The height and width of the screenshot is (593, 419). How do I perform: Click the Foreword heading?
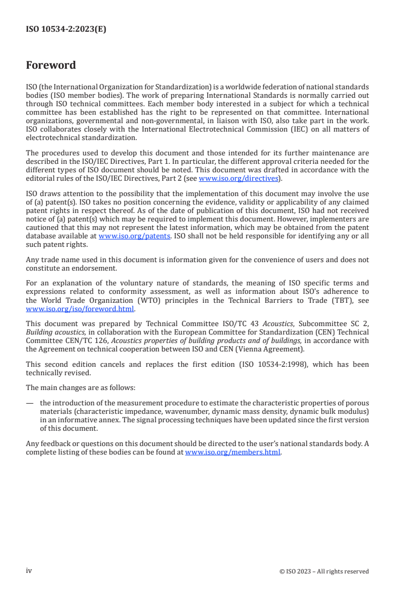tap(51, 66)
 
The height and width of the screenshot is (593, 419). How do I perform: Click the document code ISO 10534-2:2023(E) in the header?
tap(66, 30)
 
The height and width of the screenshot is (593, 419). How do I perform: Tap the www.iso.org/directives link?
tap(238, 179)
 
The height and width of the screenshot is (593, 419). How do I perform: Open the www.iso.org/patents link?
tap(134, 236)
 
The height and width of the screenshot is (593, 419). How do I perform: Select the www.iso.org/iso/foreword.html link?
tap(80, 309)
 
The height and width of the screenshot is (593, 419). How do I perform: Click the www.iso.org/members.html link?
tap(233, 453)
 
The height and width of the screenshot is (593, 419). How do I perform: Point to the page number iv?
tap(29, 571)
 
